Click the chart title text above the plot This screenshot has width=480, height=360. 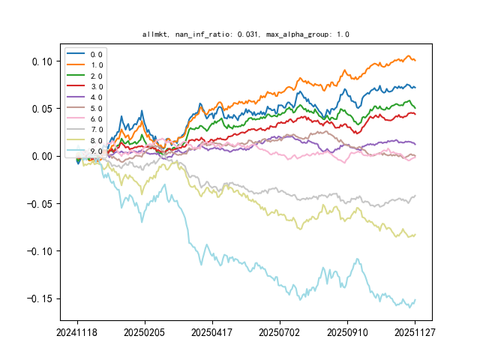tap(245, 34)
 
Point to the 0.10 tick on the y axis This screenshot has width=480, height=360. tap(43, 61)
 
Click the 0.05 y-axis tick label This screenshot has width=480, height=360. tap(43, 109)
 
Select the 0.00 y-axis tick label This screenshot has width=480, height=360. tap(43, 156)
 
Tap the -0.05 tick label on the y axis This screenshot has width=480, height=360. tap(40, 203)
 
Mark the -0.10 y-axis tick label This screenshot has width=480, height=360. tap(40, 251)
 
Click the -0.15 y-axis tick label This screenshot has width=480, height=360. tap(40, 298)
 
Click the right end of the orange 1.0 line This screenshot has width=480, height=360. tap(415, 60)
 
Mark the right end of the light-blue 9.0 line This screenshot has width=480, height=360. tap(415, 300)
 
